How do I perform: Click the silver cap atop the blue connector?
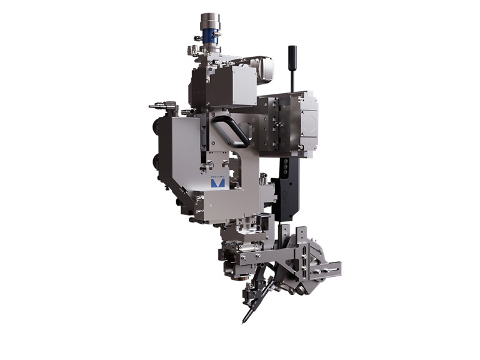209,21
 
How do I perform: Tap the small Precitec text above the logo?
218,176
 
